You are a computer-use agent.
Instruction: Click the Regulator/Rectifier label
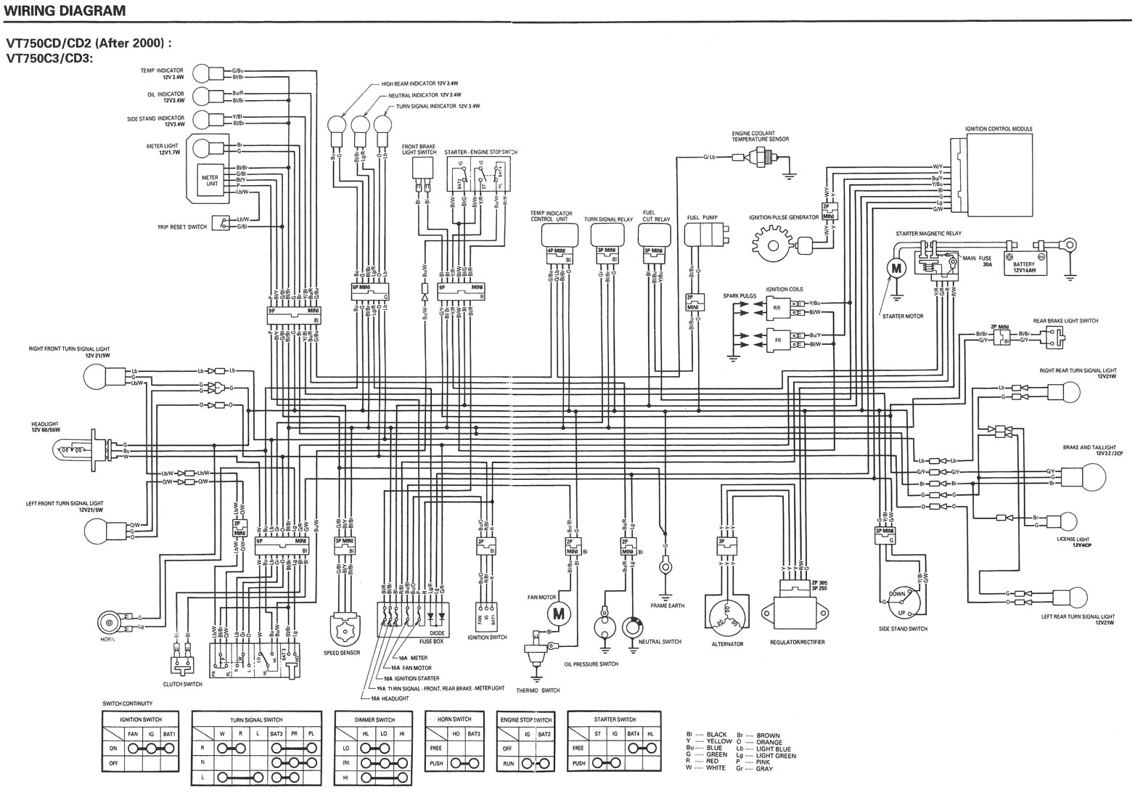797,643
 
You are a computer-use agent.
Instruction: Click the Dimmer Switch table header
374,720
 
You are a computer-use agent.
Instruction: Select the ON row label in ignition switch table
112,748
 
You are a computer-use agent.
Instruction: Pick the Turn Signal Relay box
607,234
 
